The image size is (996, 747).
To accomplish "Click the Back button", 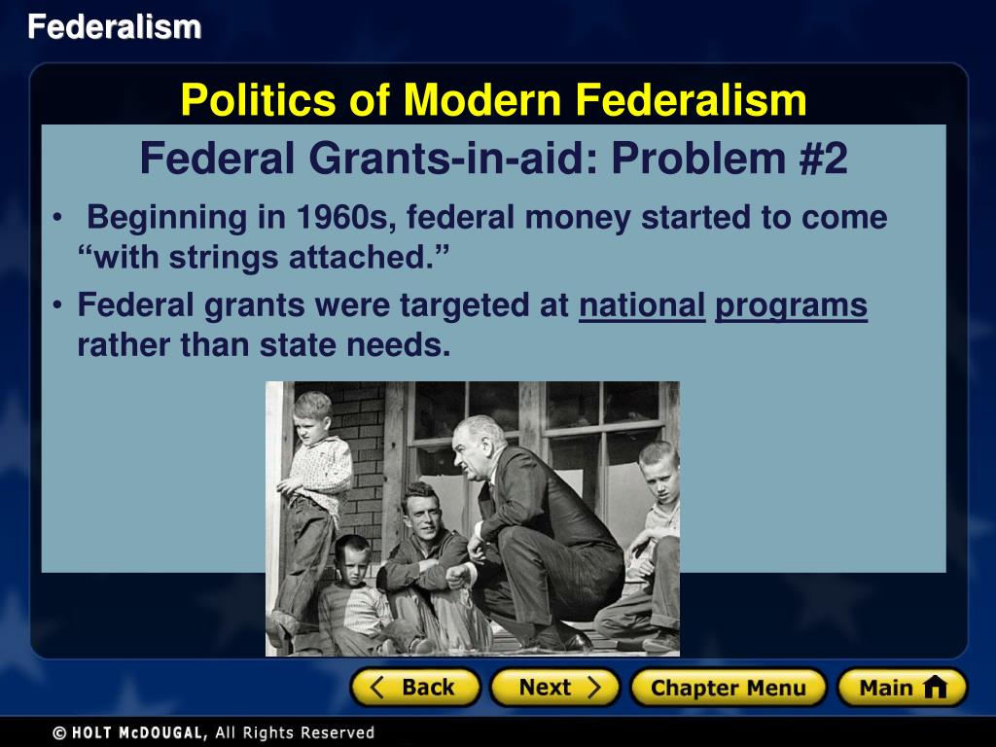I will coord(415,688).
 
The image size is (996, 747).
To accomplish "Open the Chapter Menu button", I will coord(728,688).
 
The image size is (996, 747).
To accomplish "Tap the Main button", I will coord(902,688).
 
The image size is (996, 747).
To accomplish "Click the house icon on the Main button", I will coord(935,688).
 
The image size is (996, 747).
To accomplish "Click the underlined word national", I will coord(642,306).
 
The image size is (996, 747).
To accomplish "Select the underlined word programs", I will coord(791,307).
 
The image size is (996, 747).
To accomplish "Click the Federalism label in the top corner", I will coord(114,27).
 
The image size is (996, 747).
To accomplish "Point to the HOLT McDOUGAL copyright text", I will coord(213,732).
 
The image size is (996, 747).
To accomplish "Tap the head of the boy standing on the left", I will coord(313,415).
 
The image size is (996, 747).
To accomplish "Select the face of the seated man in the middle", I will coord(422,510).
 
